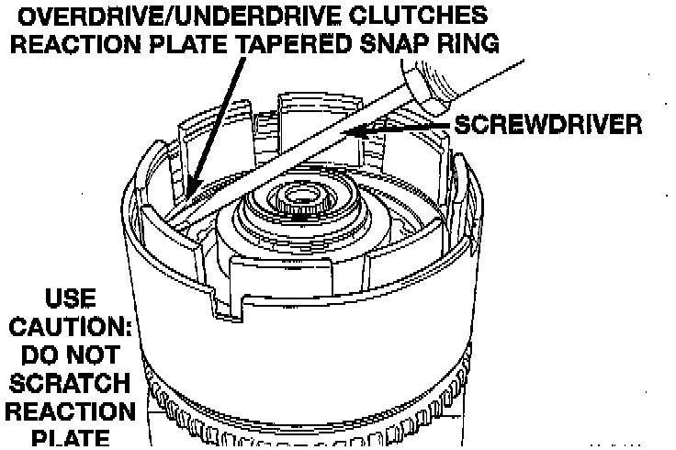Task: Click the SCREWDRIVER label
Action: coord(547,125)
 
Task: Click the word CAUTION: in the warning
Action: coord(70,327)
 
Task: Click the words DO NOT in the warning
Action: coord(70,354)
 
